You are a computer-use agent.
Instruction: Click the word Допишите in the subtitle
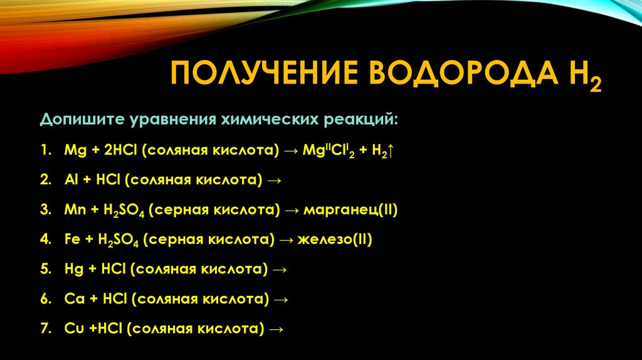click(81, 119)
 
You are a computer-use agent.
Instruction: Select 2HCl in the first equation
click(112, 151)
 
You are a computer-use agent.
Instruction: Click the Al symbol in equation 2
click(70, 181)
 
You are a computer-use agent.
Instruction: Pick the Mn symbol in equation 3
click(73, 210)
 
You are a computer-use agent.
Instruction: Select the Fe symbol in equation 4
click(70, 240)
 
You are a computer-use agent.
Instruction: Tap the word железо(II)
click(335, 240)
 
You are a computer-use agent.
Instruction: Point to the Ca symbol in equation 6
click(71, 299)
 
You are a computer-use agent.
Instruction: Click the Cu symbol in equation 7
click(71, 329)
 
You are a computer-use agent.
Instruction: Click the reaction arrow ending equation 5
click(280, 270)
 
